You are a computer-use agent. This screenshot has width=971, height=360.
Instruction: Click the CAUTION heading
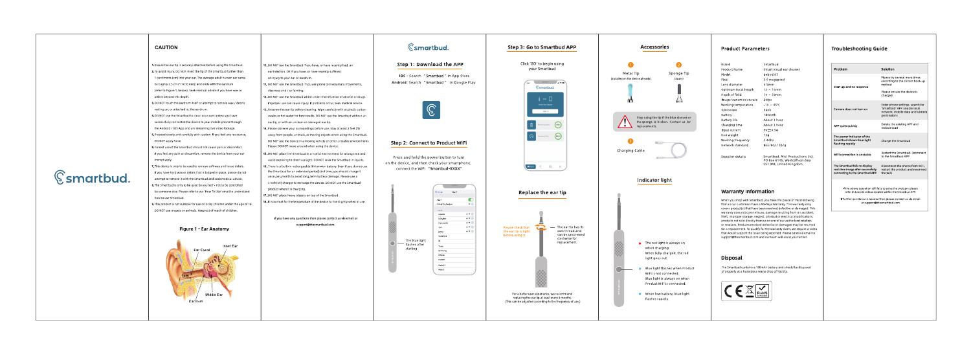(x=166, y=47)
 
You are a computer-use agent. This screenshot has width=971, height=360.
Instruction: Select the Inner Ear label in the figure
(x=230, y=246)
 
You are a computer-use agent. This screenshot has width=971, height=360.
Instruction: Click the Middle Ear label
(x=214, y=295)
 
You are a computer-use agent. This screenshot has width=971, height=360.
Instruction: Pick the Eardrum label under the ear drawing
(x=196, y=302)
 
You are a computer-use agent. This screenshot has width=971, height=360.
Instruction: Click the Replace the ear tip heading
(x=542, y=192)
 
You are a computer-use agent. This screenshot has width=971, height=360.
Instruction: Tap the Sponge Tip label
(x=679, y=74)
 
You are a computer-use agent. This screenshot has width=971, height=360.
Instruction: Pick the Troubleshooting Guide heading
(x=858, y=49)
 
